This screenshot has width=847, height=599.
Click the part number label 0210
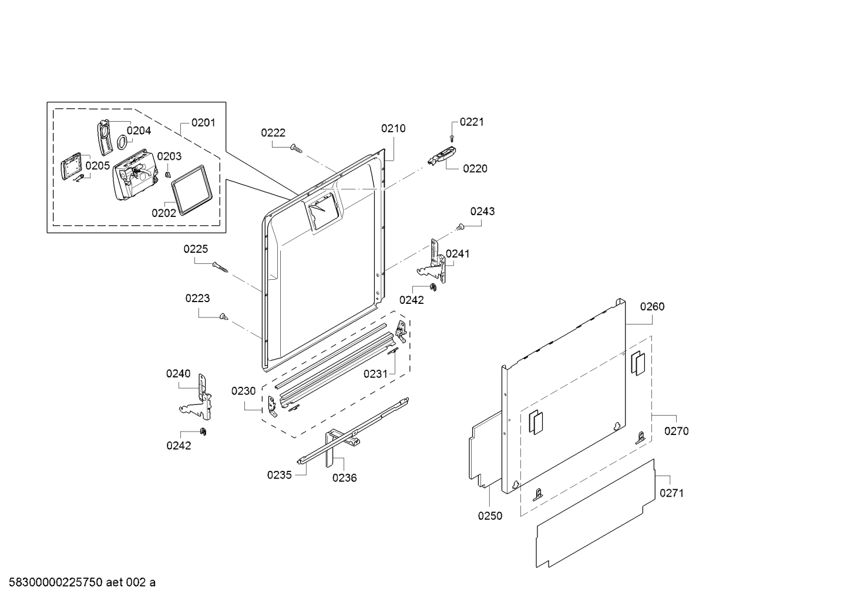(394, 129)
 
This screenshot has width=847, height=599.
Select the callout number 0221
(472, 122)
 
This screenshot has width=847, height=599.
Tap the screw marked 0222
(296, 148)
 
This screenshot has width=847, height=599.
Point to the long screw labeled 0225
(220, 267)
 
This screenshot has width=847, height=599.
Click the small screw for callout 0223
(224, 316)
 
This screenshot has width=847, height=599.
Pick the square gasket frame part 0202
(191, 190)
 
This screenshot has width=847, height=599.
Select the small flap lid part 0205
(71, 166)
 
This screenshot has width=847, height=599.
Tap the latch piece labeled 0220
(442, 156)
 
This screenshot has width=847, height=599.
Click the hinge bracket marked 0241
(432, 261)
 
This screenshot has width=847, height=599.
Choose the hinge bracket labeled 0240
(196, 397)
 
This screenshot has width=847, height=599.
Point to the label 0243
(482, 211)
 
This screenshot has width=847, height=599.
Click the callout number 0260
(652, 306)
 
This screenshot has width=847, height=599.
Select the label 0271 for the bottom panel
(671, 493)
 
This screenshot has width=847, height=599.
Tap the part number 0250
(490, 516)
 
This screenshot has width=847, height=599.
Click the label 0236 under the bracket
(344, 478)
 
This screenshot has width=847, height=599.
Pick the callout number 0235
(280, 475)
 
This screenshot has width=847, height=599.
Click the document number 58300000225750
(56, 582)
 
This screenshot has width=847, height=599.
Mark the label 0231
(375, 374)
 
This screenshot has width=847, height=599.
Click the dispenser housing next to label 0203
(135, 174)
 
